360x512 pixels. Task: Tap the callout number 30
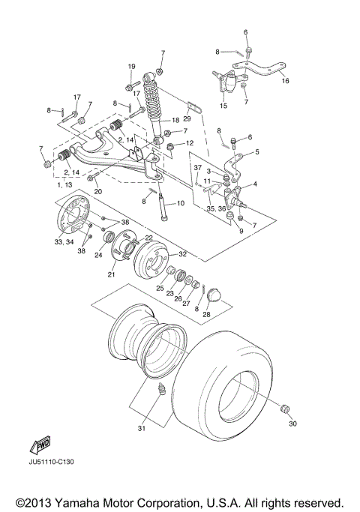(x=292, y=424)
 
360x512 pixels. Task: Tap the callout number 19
(x=130, y=67)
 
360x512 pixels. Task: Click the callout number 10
(x=180, y=203)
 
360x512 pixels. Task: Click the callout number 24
(x=98, y=253)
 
